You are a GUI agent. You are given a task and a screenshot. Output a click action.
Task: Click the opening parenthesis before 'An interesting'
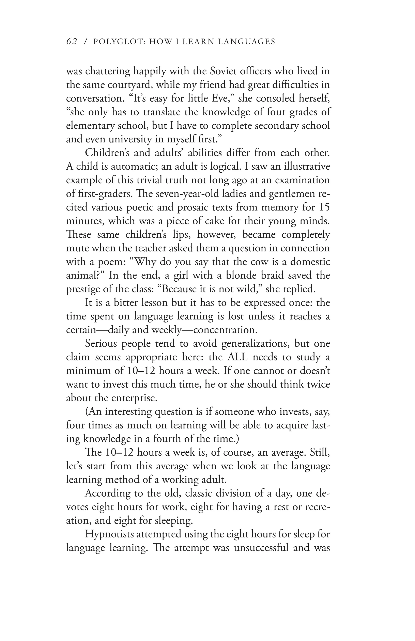point(87,411)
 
